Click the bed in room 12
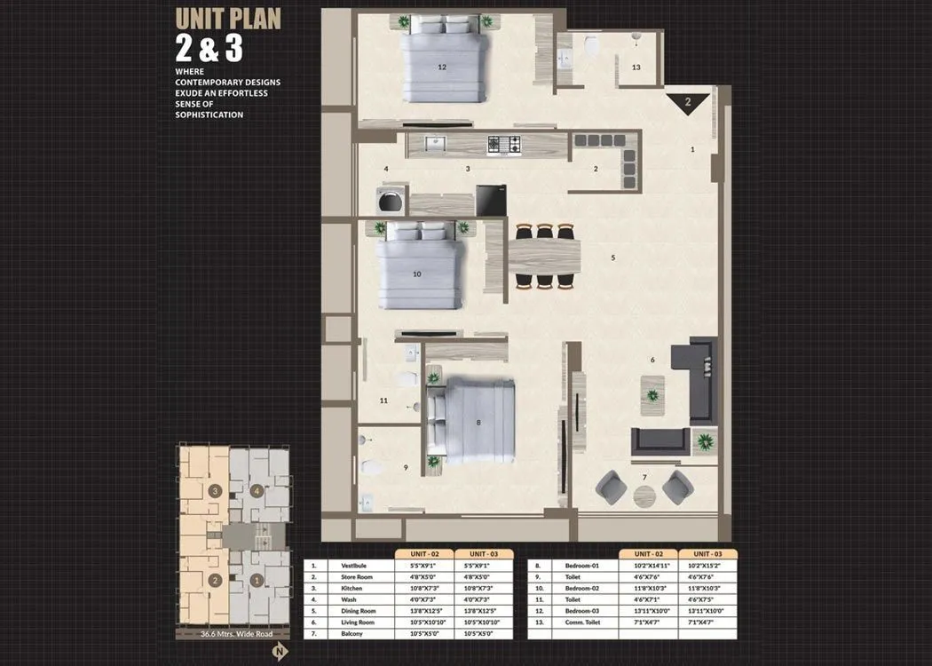pyautogui.click(x=444, y=67)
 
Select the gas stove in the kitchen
pyautogui.click(x=503, y=145)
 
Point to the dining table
pyautogui.click(x=544, y=256)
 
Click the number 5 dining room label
pyautogui.click(x=612, y=258)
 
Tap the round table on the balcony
pyautogui.click(x=644, y=496)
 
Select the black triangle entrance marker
pyautogui.click(x=688, y=102)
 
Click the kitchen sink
pyautogui.click(x=433, y=144)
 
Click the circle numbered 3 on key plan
pyautogui.click(x=215, y=490)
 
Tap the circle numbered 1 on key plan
pyautogui.click(x=257, y=581)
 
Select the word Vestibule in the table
pyautogui.click(x=342, y=566)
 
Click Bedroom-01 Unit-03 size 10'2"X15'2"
pyautogui.click(x=708, y=566)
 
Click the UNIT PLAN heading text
pyautogui.click(x=228, y=18)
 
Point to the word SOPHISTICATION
pyautogui.click(x=209, y=115)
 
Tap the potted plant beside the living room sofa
pyautogui.click(x=705, y=440)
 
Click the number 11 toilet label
pyautogui.click(x=383, y=400)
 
